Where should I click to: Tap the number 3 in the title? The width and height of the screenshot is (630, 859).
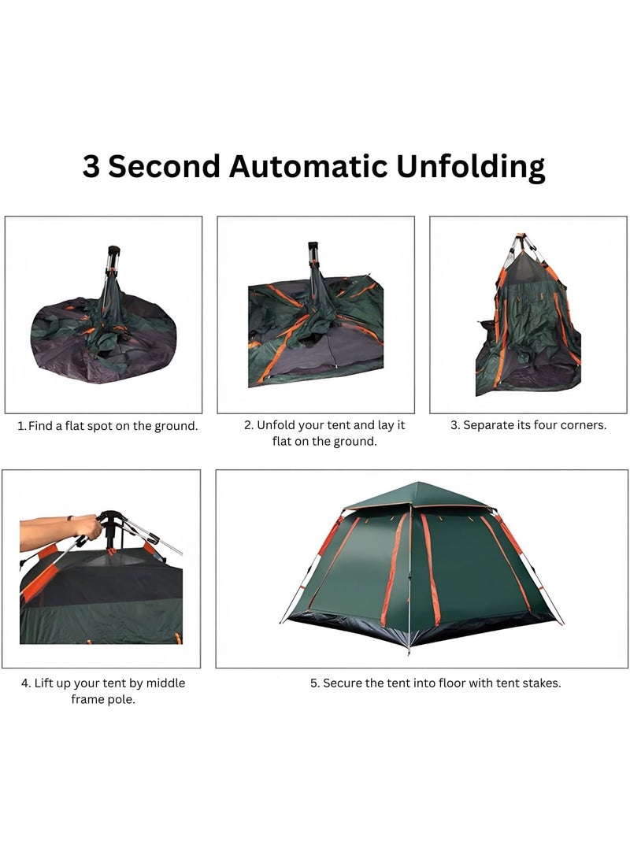click(91, 167)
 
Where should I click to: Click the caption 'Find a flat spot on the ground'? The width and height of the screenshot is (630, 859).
click(108, 426)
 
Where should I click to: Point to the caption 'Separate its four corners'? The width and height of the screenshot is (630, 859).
click(528, 425)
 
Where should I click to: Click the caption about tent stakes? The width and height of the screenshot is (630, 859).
click(435, 683)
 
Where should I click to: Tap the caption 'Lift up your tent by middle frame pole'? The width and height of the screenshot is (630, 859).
click(103, 691)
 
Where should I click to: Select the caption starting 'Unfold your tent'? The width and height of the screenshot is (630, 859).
click(324, 433)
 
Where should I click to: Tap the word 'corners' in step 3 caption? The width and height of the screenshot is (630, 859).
click(583, 425)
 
